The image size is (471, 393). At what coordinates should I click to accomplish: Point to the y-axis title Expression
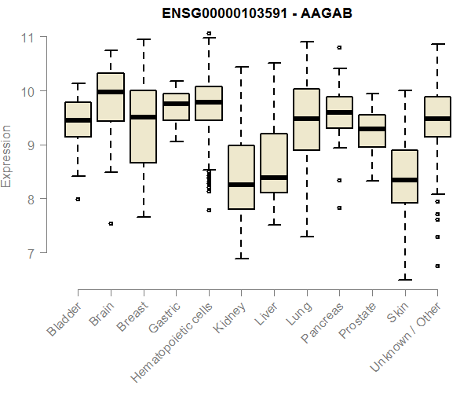coord(7,156)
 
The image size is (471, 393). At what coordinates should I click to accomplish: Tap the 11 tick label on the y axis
coord(27,38)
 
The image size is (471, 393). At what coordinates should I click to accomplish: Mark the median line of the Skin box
coord(404,180)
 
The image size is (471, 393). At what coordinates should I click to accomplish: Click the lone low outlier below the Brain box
coord(111,223)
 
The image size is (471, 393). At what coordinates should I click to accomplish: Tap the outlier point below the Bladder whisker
coord(78,200)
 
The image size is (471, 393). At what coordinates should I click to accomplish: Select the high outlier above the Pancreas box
coord(339,47)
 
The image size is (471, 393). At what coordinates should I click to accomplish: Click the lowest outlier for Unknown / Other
coord(437,266)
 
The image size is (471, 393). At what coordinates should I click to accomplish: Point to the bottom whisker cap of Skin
coord(404,279)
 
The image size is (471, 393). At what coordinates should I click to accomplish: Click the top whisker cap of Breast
coord(143,39)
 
